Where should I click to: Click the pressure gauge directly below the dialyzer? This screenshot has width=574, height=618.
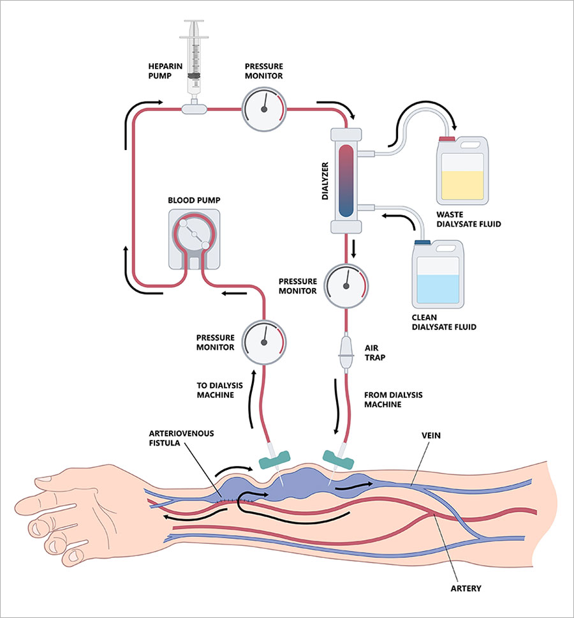point(346,285)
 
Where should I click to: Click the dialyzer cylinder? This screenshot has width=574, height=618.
point(347,180)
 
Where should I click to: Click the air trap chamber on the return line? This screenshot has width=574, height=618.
point(346,352)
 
